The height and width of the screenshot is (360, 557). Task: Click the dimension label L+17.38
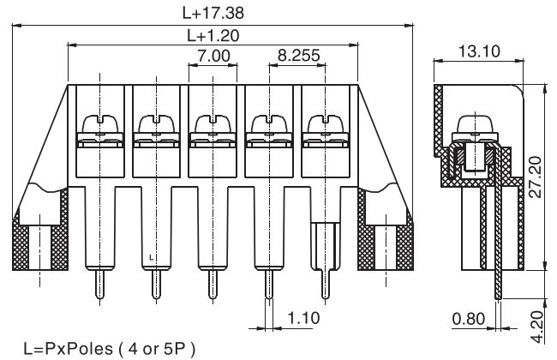(213, 14)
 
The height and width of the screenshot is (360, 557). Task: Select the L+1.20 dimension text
(213, 36)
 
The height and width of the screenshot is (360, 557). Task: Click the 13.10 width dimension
(476, 53)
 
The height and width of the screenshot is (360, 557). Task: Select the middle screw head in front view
(213, 125)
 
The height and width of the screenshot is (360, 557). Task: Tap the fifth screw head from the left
(326, 125)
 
